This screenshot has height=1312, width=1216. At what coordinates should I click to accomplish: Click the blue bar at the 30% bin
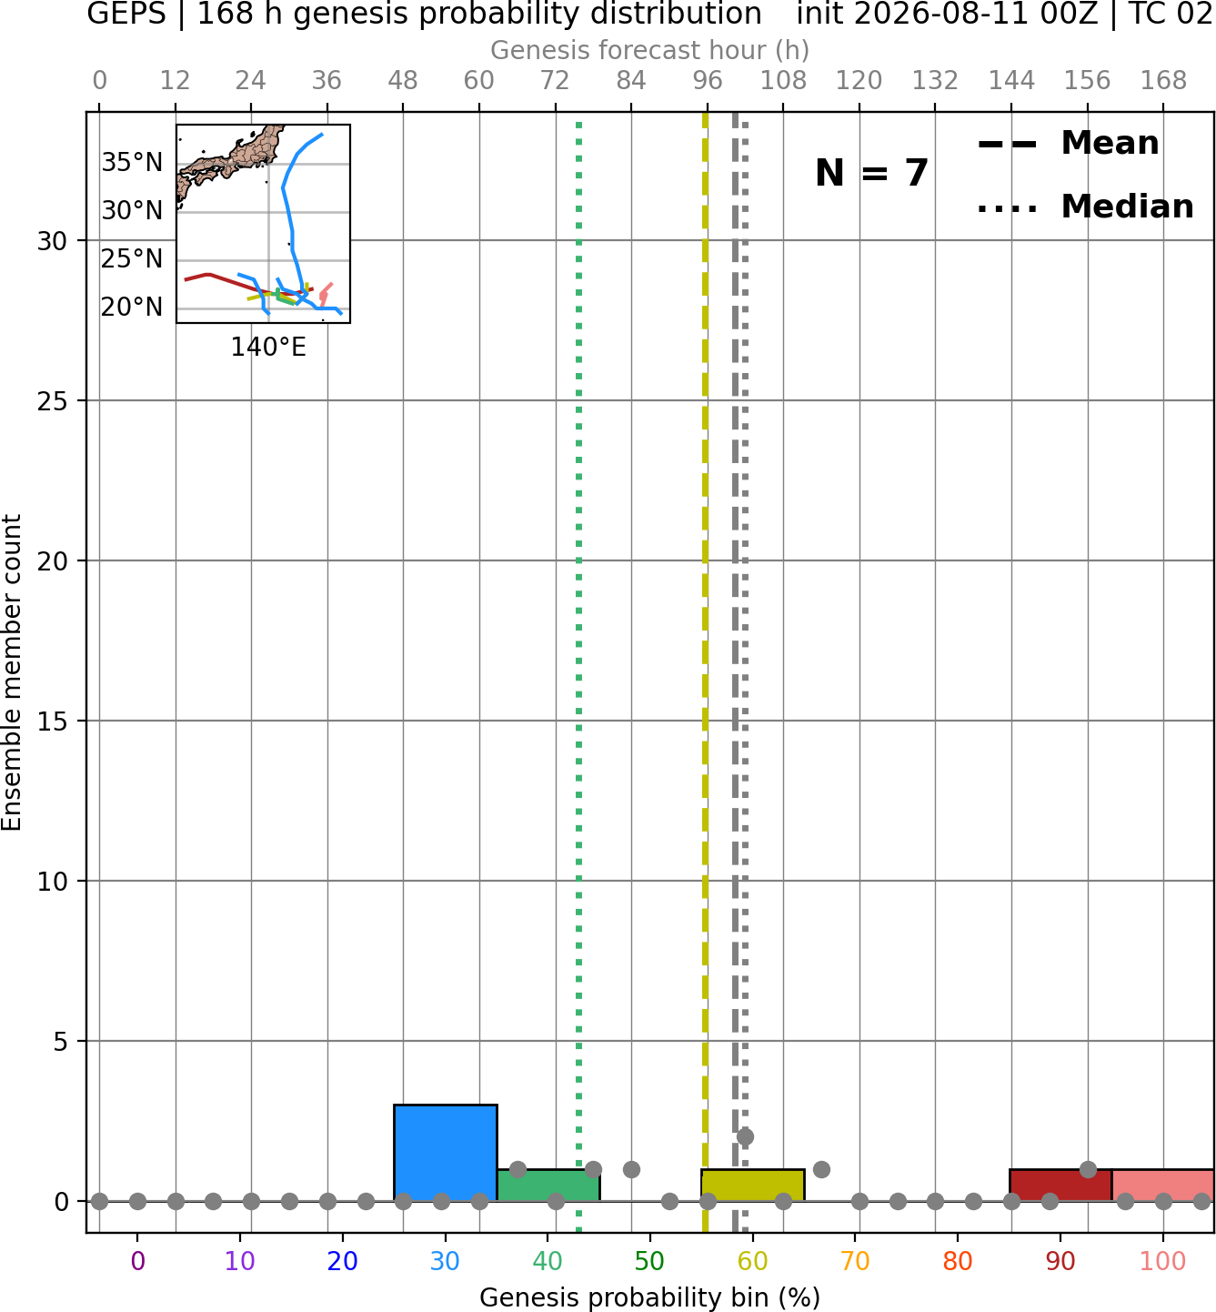coord(445,1152)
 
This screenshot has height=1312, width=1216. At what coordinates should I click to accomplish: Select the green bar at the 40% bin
coord(548,1186)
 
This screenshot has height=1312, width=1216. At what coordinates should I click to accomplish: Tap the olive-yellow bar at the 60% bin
coord(753,1186)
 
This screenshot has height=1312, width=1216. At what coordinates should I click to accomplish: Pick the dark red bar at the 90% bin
coord(1060,1186)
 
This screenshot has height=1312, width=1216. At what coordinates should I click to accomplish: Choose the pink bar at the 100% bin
coord(1163,1186)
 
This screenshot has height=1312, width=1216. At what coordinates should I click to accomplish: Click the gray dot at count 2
coord(745,1137)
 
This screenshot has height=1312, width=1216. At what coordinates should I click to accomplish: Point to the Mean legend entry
coord(1069,144)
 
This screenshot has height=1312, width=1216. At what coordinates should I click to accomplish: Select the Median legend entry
coord(1086,207)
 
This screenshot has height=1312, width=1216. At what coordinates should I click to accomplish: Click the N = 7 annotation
coord(872,173)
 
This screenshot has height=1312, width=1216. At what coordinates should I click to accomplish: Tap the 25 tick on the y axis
coord(53,401)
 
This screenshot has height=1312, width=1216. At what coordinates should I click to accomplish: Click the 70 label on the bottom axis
coord(855,1261)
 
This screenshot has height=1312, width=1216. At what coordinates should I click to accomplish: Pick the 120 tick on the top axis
coord(859,81)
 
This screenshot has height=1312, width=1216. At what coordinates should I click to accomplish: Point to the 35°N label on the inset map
coord(132,163)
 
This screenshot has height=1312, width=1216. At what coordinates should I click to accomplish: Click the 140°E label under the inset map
coord(268,348)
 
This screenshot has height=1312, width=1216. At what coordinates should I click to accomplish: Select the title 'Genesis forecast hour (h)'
coord(650,51)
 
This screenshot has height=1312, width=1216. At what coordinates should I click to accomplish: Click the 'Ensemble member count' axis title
coord(11,673)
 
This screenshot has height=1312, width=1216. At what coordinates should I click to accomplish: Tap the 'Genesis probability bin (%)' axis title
coord(650,1297)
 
